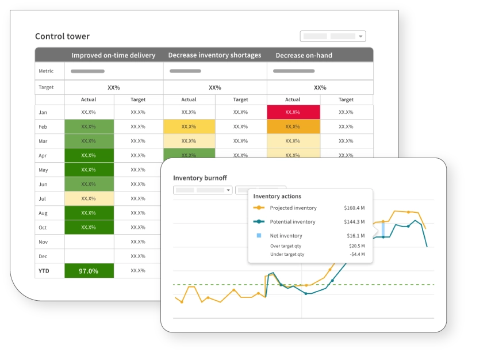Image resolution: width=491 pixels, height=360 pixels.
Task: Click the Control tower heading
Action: pos(62,36)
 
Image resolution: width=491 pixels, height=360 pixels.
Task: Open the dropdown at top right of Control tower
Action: pos(333,36)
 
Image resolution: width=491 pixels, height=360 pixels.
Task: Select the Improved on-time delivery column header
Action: pos(113,55)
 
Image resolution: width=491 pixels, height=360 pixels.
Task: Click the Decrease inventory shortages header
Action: pos(214,55)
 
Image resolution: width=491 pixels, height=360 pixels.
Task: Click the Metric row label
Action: pos(46,71)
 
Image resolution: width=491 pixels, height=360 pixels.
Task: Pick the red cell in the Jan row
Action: pos(293,112)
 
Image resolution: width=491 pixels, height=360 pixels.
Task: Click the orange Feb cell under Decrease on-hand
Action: pos(293,127)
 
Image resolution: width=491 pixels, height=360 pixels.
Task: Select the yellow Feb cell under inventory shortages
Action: pos(189,127)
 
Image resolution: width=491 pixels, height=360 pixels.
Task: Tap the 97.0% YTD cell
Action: pos(89,271)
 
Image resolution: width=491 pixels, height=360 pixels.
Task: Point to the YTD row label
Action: pos(44,271)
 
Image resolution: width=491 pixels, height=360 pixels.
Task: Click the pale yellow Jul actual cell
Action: pos(89,198)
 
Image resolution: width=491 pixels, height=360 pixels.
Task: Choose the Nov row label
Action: pos(43,242)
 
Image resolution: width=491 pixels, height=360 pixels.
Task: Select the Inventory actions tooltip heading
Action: pos(277,196)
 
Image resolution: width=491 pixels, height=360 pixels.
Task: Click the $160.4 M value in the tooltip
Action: pos(354,208)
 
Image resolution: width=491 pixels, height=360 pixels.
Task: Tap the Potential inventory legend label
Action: pos(293,222)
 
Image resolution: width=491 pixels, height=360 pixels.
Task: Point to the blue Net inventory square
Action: pos(259,236)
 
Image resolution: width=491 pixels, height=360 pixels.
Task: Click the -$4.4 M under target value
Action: pos(357,254)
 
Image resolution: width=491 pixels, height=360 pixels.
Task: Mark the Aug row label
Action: pos(43,213)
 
